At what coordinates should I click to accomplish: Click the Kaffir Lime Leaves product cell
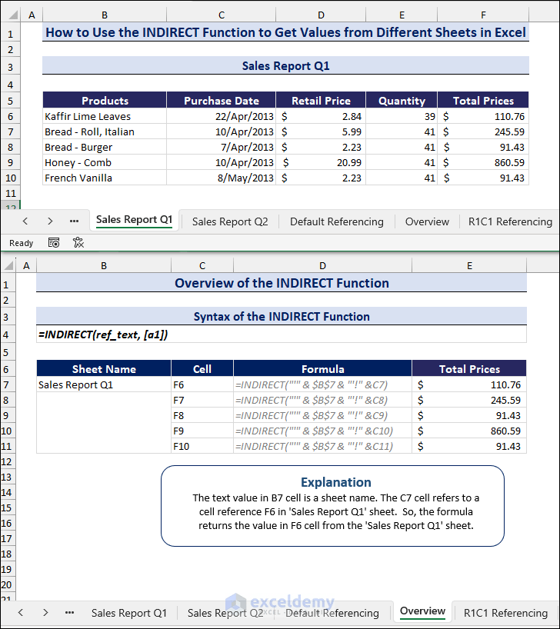[x=88, y=116]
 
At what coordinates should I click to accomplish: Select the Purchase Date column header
[x=222, y=101]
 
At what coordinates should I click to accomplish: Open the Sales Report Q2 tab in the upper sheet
[x=230, y=221]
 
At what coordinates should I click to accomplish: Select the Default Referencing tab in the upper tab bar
[x=336, y=221]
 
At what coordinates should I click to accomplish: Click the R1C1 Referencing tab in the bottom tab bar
[x=505, y=613]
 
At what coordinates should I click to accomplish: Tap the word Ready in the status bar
[x=22, y=243]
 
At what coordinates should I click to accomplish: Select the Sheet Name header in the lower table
[x=104, y=369]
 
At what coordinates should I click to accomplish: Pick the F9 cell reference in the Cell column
[x=180, y=431]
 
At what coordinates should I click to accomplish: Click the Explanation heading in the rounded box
[x=335, y=482]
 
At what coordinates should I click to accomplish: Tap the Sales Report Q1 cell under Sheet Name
[x=75, y=384]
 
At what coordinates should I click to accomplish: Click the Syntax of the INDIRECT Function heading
[x=282, y=317]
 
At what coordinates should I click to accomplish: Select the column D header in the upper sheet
[x=321, y=15]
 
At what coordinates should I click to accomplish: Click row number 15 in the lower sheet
[x=7, y=508]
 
